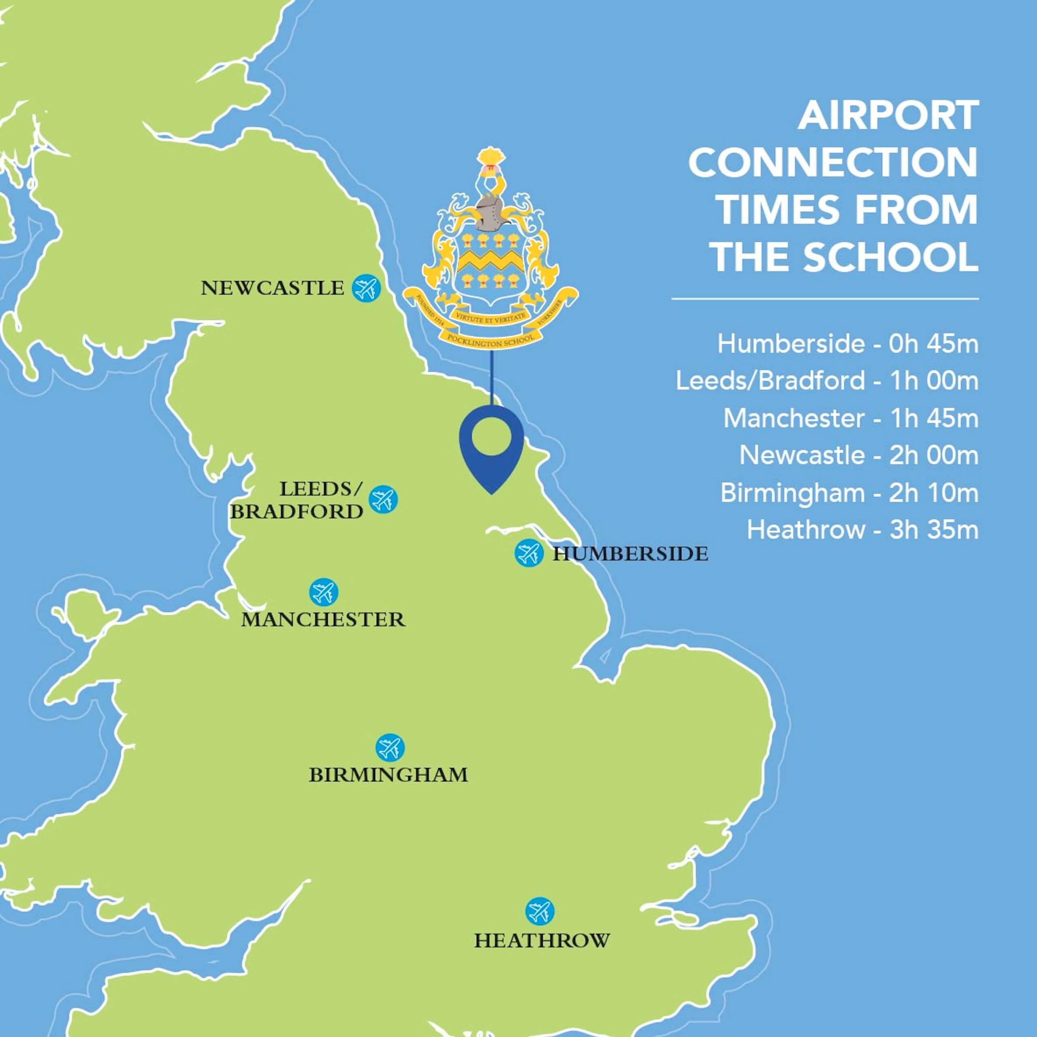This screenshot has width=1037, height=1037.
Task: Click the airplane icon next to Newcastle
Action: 366,288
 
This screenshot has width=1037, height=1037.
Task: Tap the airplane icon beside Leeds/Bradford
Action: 383,499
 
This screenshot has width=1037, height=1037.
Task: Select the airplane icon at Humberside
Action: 529,553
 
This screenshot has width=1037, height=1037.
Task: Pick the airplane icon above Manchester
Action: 324,593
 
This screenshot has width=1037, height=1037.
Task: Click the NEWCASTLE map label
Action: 272,289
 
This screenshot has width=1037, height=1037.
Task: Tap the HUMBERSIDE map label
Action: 630,554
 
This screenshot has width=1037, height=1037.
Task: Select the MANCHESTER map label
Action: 323,620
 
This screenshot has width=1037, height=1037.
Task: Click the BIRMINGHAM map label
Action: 388,775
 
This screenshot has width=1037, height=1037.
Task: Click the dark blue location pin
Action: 492,446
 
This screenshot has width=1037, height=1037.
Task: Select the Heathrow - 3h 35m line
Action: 862,530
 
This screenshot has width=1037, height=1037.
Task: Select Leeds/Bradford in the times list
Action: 770,382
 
